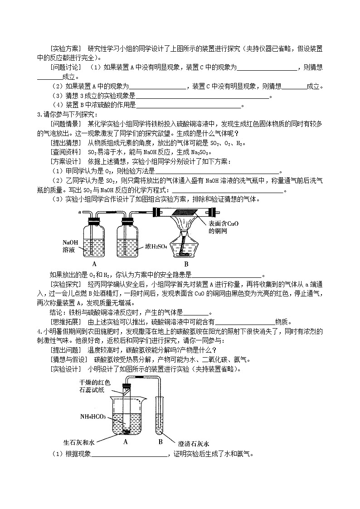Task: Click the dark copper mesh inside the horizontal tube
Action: coord(186,212)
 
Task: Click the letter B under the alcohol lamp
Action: coord(186,264)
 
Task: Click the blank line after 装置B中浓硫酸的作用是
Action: coord(189,106)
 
